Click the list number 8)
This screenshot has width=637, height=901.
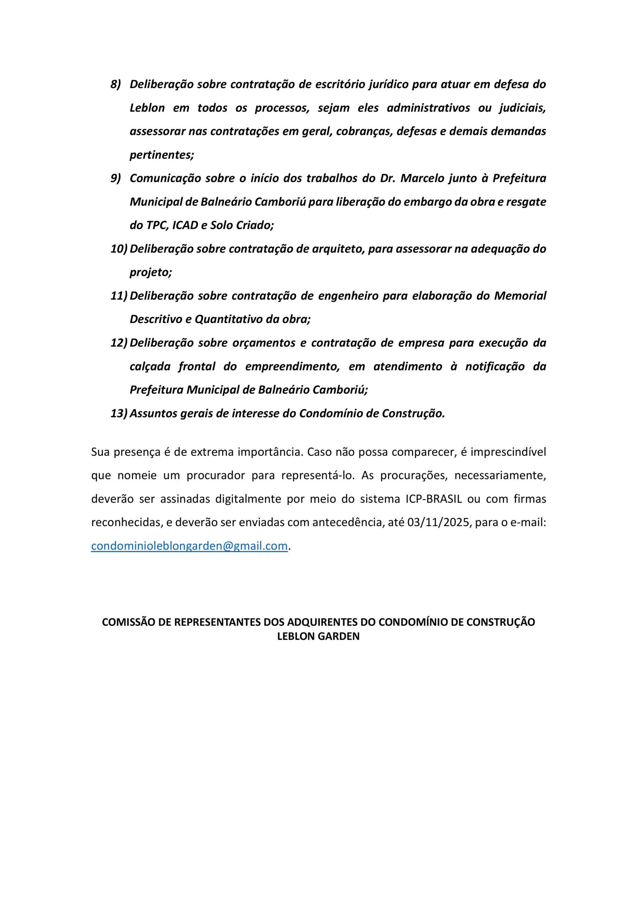pos(115,84)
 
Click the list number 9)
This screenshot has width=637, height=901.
pos(115,178)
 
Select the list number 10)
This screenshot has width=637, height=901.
pos(119,249)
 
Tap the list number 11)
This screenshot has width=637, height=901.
pos(119,296)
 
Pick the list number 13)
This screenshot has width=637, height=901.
pos(119,414)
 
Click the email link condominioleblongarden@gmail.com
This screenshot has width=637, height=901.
pos(189,546)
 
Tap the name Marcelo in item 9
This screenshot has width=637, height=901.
pos(421,178)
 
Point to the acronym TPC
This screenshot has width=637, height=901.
pos(157,225)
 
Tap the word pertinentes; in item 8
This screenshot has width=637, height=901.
pos(162,155)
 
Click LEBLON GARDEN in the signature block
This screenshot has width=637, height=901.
pos(318,637)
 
